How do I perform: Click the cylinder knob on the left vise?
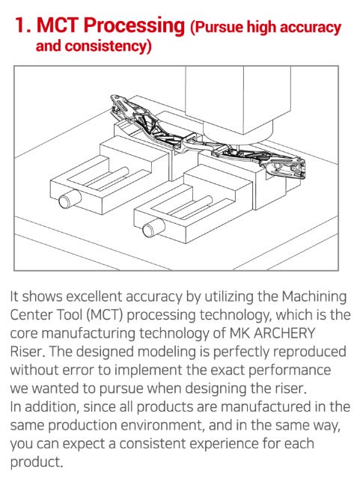coord(70,199)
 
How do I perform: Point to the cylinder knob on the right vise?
coord(153,228)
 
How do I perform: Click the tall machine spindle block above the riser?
coord(238,101)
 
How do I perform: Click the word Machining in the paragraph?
coord(314,297)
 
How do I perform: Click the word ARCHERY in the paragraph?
coord(284,334)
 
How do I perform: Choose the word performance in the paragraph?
coord(290,370)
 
